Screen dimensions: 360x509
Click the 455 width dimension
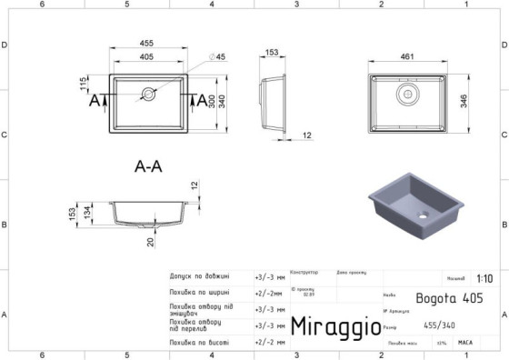pyautogui.click(x=145, y=43)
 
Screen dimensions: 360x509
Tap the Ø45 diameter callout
pyautogui.click(x=217, y=56)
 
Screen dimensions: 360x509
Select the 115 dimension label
pyautogui.click(x=83, y=85)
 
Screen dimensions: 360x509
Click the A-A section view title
pyautogui.click(x=148, y=167)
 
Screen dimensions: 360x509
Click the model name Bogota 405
pyautogui.click(x=449, y=297)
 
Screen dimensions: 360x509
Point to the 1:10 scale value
pyautogui.click(x=484, y=279)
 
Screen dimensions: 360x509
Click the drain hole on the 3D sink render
pyautogui.click(x=421, y=216)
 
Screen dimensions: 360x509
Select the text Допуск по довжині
pyautogui.click(x=199, y=276)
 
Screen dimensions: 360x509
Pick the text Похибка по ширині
pyautogui.click(x=199, y=293)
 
